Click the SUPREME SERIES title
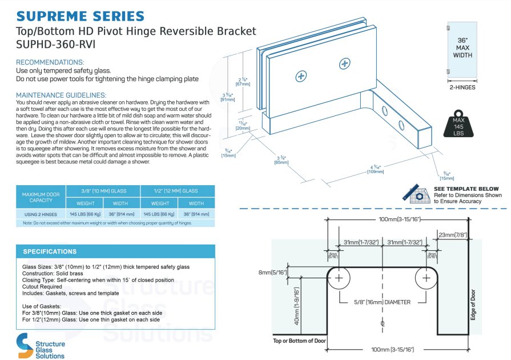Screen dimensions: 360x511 [80, 15]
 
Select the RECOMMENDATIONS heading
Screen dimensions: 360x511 [50, 62]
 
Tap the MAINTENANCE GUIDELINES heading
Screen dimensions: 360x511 [61, 95]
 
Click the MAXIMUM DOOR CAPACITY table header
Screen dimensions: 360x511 [41, 198]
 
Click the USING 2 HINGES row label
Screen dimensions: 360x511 [41, 214]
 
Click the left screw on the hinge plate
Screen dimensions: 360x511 [301, 75]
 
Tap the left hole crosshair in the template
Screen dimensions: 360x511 [339, 278]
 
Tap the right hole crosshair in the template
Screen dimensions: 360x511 [425, 278]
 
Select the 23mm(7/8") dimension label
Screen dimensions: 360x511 [453, 235]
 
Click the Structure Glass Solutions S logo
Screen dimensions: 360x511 [25, 345]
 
